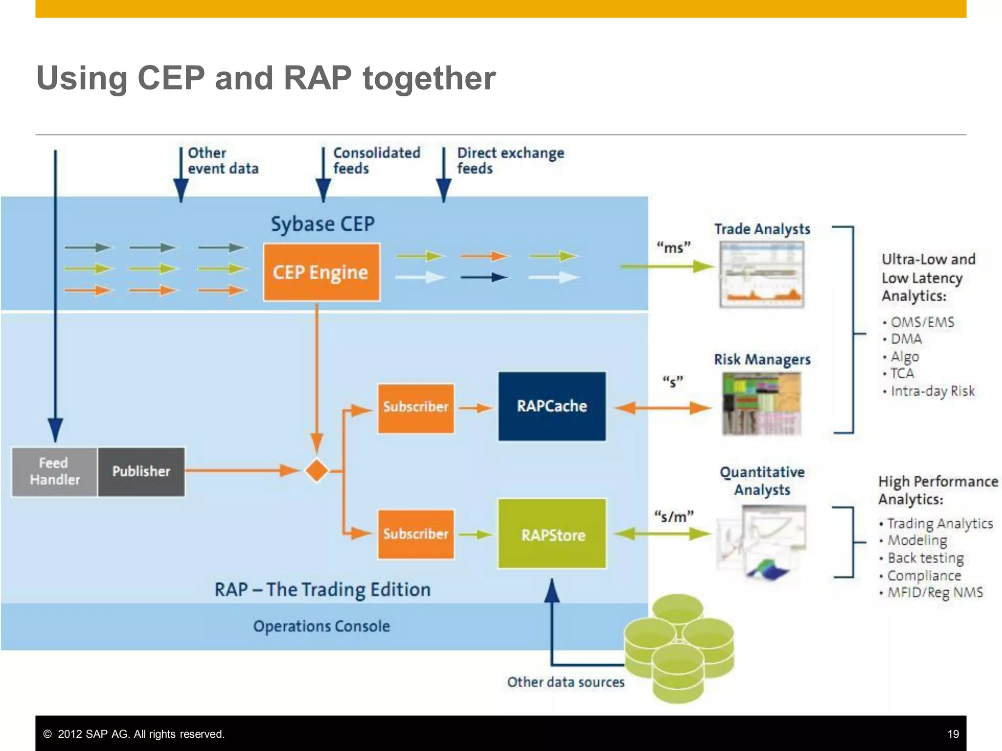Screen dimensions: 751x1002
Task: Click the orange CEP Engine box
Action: point(321,272)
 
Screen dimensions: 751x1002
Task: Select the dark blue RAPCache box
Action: point(552,406)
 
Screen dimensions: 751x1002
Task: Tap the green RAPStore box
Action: point(552,534)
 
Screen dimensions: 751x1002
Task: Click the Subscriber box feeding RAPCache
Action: point(415,408)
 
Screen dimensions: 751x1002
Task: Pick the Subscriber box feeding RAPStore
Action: point(415,534)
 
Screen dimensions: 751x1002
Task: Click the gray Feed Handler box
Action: point(54,472)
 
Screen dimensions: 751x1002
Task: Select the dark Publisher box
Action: point(141,472)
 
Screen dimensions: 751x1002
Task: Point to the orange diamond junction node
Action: point(317,471)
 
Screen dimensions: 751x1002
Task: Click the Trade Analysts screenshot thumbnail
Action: point(761,275)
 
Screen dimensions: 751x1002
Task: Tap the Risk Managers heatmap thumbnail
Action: point(761,404)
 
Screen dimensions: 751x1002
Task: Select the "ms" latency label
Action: point(673,247)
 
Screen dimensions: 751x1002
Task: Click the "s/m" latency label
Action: point(674,517)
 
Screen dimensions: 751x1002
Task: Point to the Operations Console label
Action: point(321,626)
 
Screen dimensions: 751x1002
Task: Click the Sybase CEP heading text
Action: point(322,224)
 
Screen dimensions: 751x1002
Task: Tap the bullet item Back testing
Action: point(925,558)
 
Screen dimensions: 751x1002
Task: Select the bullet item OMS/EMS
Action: point(922,322)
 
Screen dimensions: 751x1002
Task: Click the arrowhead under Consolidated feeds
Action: point(323,191)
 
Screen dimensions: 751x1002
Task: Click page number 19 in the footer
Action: point(953,734)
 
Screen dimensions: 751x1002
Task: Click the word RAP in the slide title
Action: point(318,78)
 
